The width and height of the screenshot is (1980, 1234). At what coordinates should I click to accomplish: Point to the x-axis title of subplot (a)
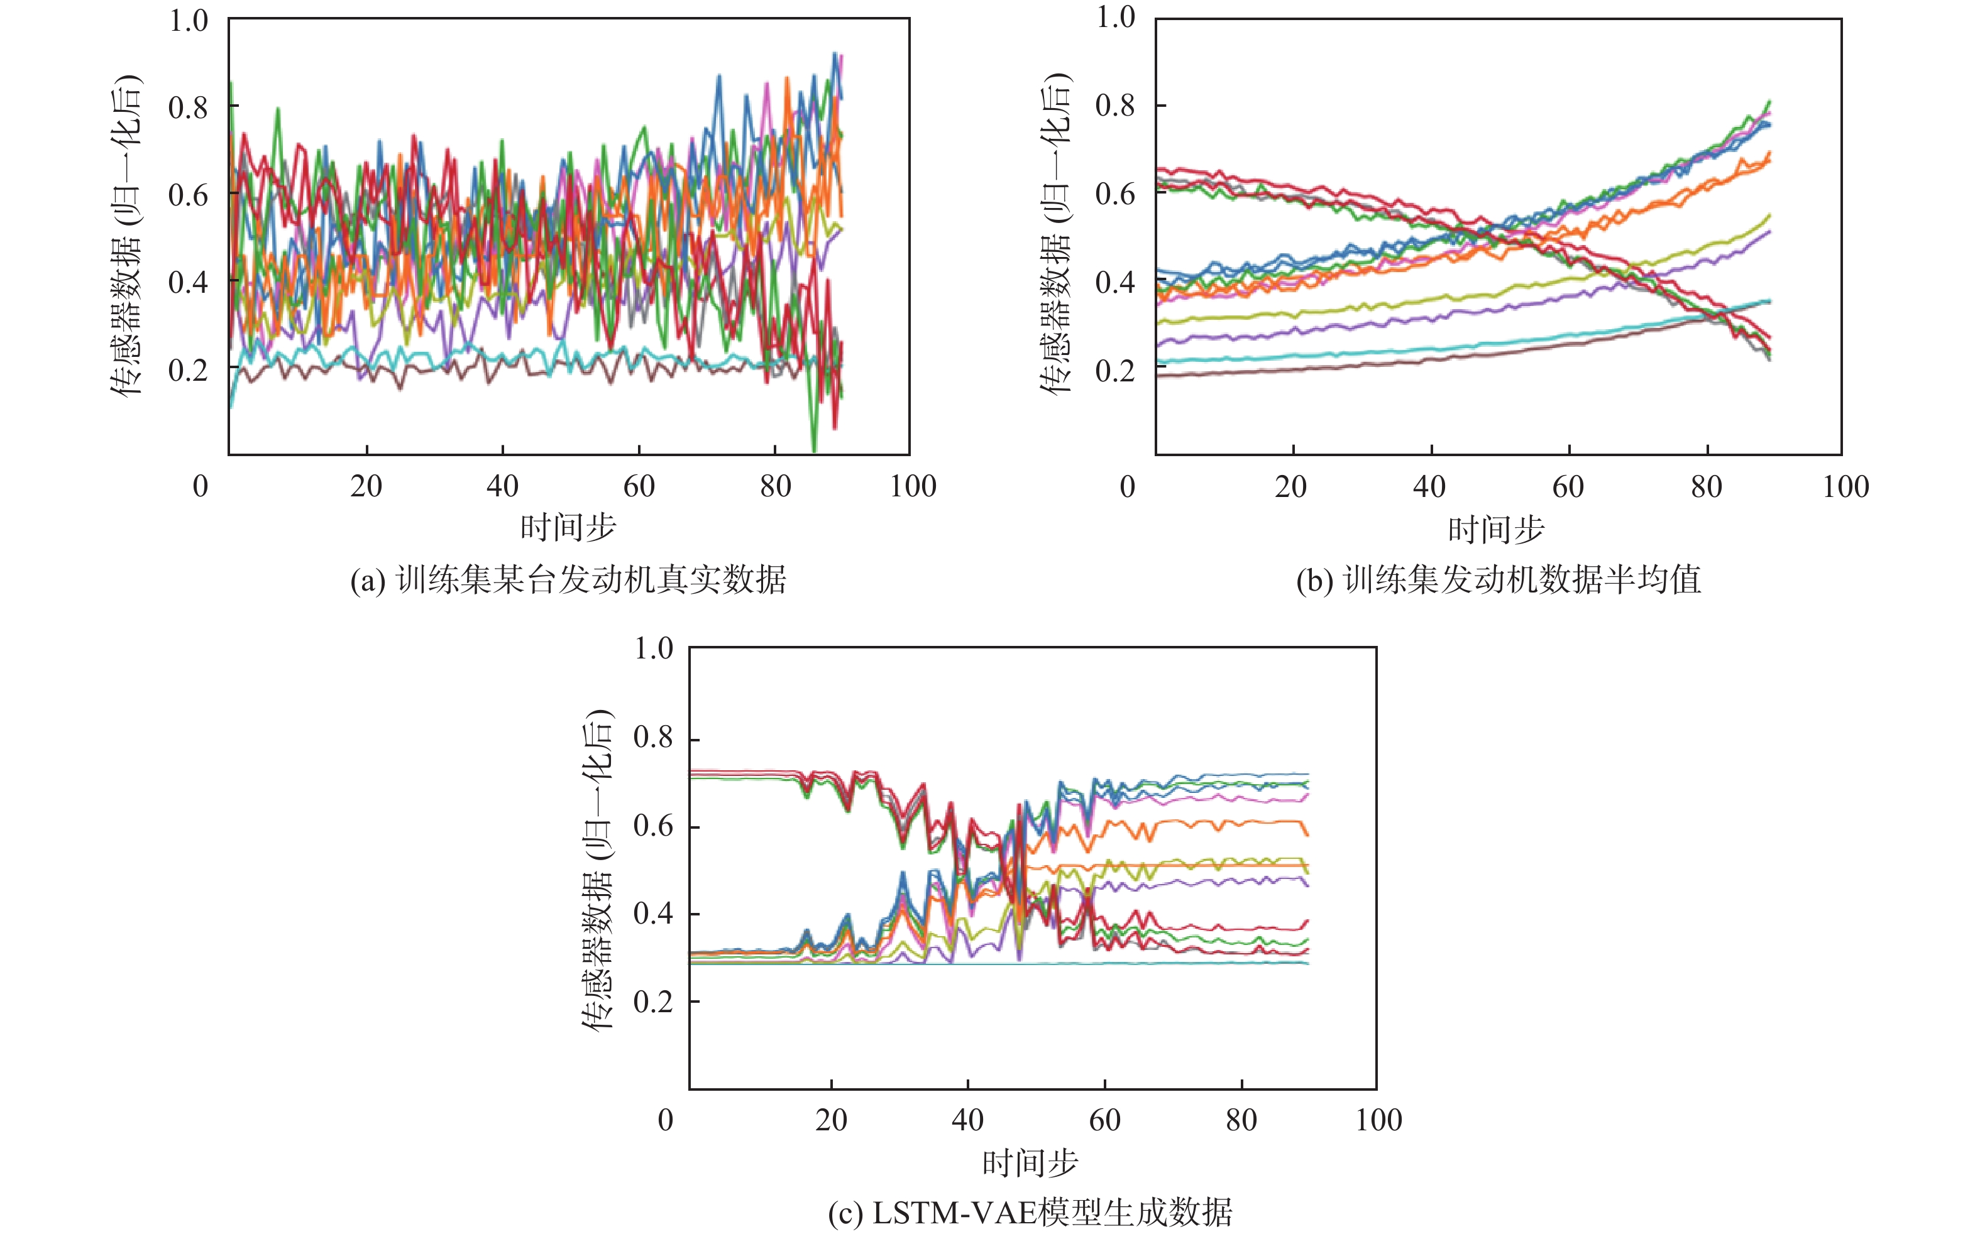[x=568, y=528]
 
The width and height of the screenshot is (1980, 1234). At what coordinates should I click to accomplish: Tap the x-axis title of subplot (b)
[x=1496, y=530]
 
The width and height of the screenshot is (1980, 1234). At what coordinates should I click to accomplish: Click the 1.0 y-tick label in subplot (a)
[x=189, y=20]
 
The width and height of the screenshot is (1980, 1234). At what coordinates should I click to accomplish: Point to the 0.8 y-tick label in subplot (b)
[x=1115, y=106]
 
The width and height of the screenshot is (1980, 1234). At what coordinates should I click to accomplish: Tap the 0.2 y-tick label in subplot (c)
[x=653, y=1002]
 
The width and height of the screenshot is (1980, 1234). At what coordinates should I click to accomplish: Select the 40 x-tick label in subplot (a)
[x=502, y=486]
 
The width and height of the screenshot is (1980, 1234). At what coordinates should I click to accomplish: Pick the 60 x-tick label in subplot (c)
[x=1105, y=1120]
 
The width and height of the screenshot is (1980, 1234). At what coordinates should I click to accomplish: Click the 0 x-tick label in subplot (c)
[x=666, y=1120]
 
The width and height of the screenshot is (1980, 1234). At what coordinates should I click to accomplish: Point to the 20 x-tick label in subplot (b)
[x=1291, y=487]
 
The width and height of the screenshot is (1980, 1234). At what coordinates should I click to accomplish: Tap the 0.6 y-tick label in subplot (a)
[x=189, y=195]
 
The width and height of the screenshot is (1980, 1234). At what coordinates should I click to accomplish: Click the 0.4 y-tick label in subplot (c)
[x=653, y=914]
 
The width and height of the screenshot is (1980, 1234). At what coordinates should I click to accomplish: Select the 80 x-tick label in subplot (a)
[x=775, y=486]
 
